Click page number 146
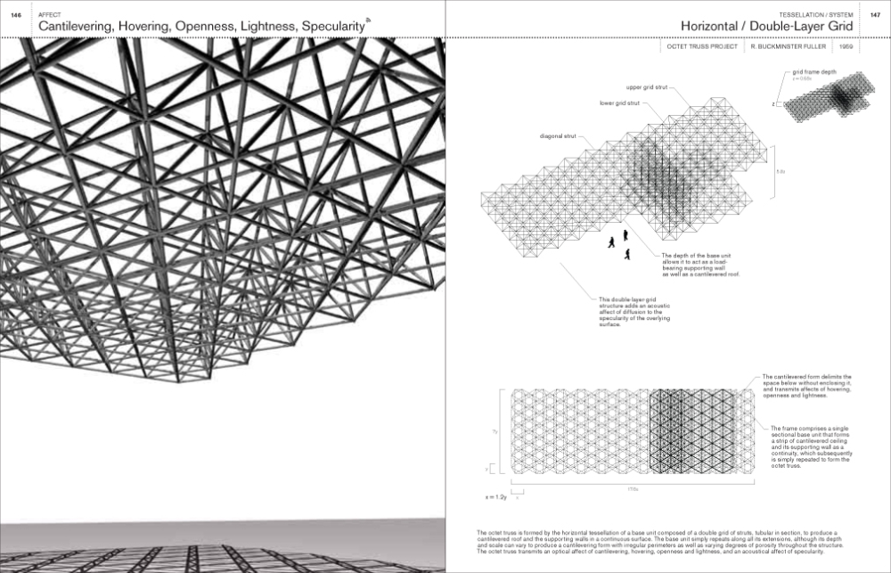(14, 12)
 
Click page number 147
(875, 12)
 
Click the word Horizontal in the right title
(722, 28)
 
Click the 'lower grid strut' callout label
(618, 103)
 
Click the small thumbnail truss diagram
(825, 101)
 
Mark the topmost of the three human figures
(625, 235)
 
